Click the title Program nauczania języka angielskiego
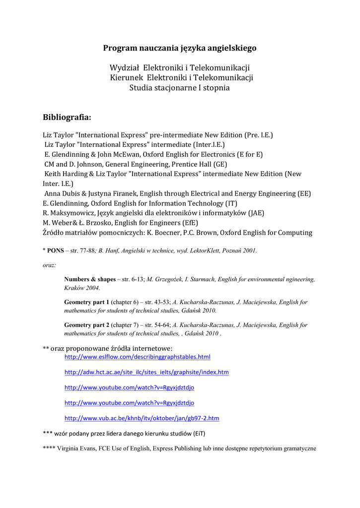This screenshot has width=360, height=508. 180,48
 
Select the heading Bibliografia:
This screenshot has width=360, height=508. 67,118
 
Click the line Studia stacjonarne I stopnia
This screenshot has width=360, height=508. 179,88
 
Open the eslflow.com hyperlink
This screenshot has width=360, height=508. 138,357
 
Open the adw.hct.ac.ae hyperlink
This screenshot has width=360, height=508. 146,372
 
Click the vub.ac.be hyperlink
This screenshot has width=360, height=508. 142,418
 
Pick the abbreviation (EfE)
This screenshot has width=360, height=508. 189,222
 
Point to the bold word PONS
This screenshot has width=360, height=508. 56,251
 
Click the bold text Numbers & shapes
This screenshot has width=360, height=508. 89,279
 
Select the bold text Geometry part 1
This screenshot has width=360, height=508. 86,302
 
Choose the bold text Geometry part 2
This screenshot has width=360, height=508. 86,325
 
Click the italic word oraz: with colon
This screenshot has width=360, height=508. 50,265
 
